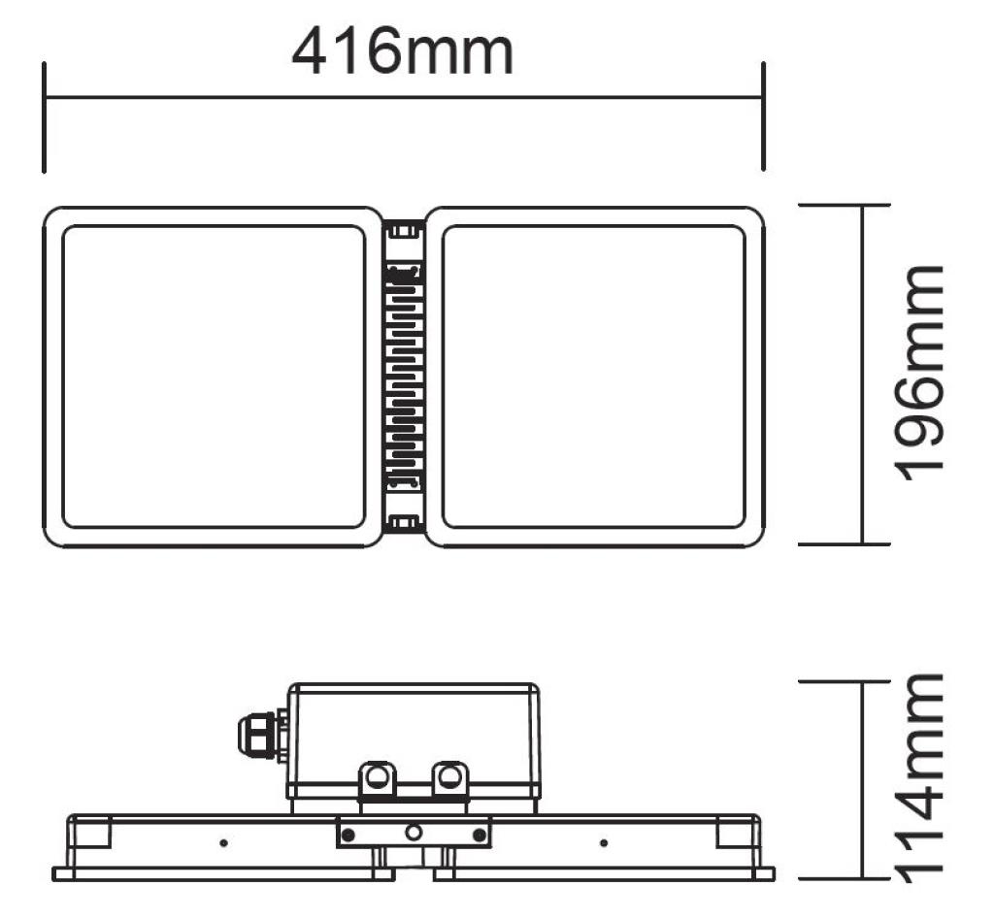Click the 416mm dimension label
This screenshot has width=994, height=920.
pos(402,53)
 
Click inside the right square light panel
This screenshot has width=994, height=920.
pos(593,377)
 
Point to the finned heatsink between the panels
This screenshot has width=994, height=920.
pos(404,377)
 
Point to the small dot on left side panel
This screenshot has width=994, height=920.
pos(223,842)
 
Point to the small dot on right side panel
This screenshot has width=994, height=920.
pos(603,842)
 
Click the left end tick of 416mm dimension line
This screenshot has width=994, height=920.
pos(45,116)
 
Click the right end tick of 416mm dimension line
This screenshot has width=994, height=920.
pos(763,116)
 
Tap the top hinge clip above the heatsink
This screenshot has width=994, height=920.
pos(404,231)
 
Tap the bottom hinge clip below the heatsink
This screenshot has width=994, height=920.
pos(404,525)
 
